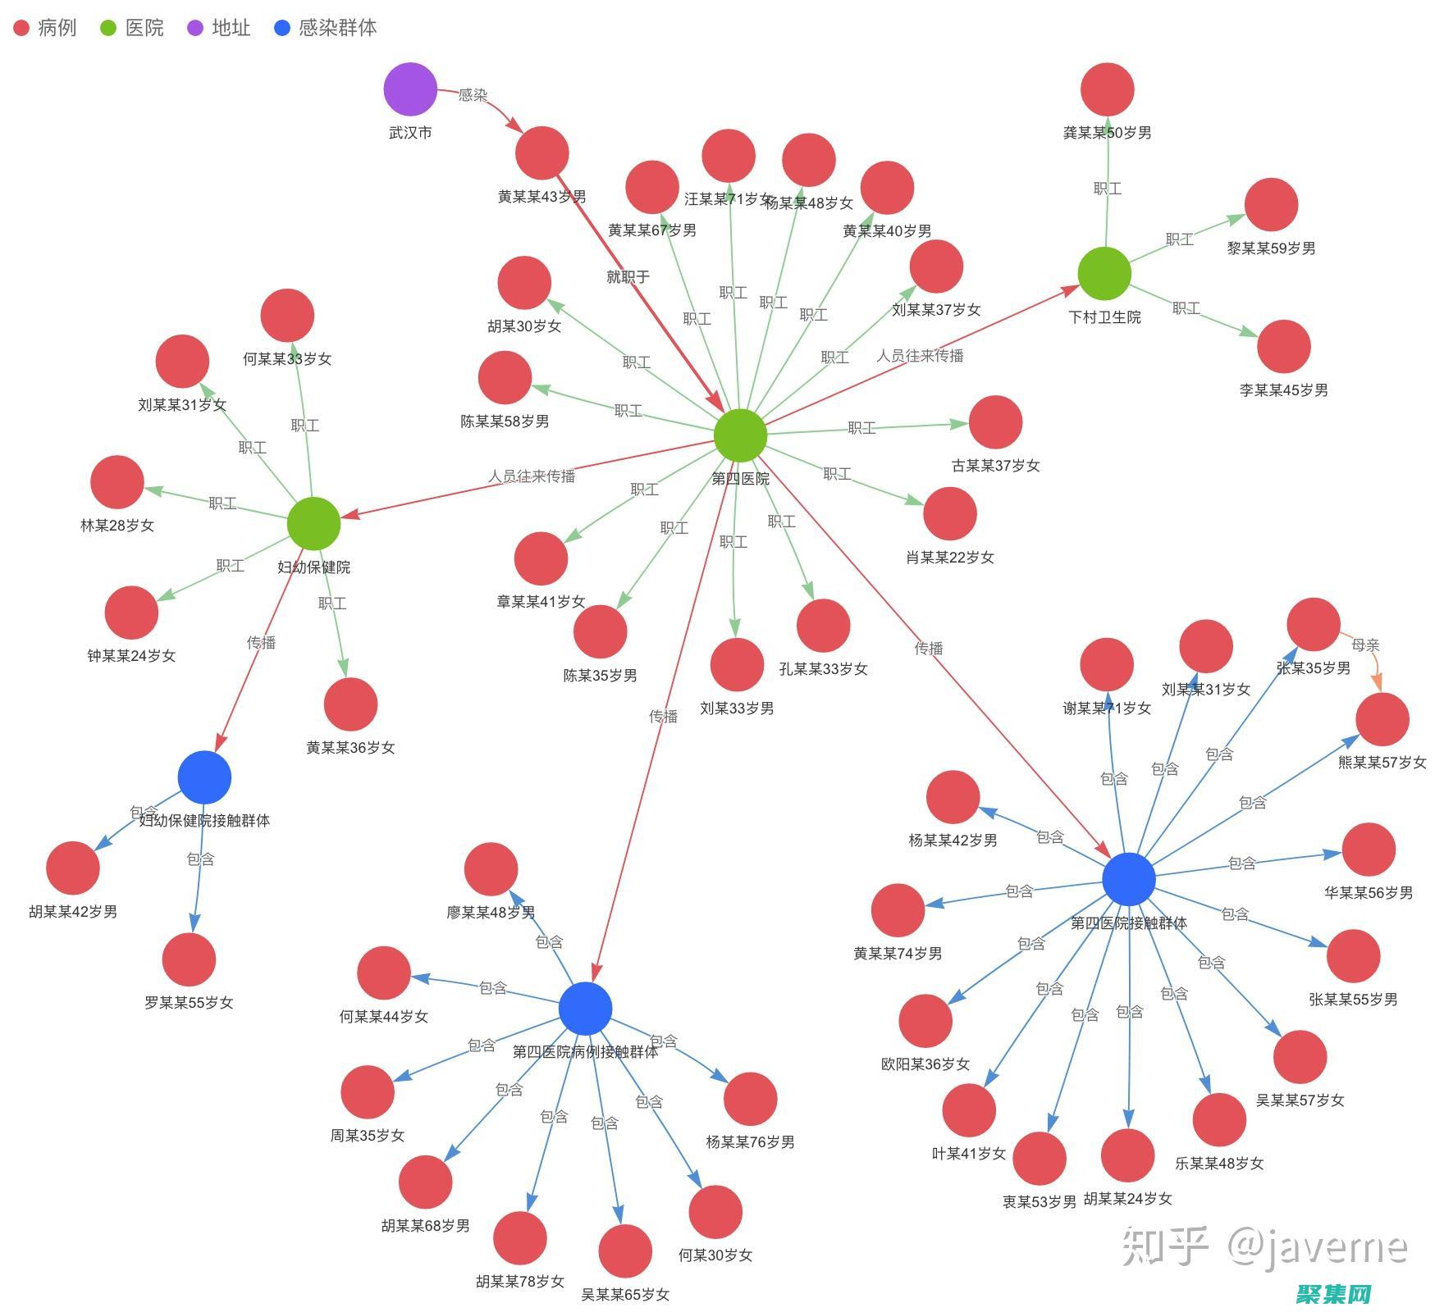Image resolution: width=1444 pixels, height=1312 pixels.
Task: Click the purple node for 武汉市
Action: [410, 89]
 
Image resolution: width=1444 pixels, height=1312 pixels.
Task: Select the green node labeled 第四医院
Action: [740, 435]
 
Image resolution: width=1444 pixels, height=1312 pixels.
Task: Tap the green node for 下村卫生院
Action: [1104, 274]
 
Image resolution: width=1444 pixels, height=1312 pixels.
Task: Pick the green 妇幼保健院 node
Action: [313, 523]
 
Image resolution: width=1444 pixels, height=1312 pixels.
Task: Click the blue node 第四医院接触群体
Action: [1129, 879]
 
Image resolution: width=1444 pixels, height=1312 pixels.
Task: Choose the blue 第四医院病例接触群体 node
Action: [585, 1009]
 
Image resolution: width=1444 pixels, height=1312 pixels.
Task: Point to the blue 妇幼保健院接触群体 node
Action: [204, 777]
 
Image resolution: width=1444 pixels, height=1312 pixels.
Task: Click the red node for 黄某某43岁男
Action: [542, 153]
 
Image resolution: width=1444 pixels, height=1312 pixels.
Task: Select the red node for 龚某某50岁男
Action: [1107, 89]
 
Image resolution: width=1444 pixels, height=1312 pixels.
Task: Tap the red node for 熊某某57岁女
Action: [1382, 719]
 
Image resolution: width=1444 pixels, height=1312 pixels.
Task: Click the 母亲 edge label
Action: [1365, 645]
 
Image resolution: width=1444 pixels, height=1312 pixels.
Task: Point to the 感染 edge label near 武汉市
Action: [473, 95]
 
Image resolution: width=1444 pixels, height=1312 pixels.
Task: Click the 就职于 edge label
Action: [628, 277]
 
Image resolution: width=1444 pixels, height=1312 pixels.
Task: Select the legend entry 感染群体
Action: [337, 28]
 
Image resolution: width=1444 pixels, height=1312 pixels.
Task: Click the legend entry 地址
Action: [231, 28]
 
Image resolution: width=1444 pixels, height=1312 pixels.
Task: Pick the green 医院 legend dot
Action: [108, 28]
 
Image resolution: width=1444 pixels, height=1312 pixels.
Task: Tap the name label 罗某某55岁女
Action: [189, 1003]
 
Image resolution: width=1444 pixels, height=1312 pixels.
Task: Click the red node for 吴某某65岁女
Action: [625, 1251]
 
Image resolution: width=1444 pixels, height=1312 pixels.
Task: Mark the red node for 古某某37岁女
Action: [995, 422]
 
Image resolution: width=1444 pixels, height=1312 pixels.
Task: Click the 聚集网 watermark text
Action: [1334, 1293]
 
